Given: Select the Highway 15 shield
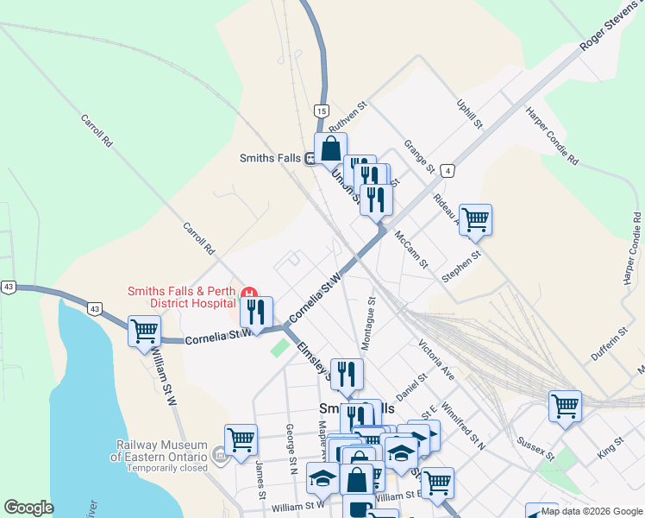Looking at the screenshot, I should click(x=321, y=111).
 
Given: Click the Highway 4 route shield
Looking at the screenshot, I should click(x=447, y=171).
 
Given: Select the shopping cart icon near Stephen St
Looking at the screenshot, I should click(x=475, y=219).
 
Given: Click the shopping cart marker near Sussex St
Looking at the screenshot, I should click(x=565, y=404).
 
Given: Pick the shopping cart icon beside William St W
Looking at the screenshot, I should click(x=144, y=330).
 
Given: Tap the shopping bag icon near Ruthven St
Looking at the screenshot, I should click(x=330, y=148).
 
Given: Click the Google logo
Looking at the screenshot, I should click(x=28, y=508).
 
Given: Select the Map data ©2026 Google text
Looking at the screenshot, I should click(x=592, y=511).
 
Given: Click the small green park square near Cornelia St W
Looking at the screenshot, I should click(x=279, y=347).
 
